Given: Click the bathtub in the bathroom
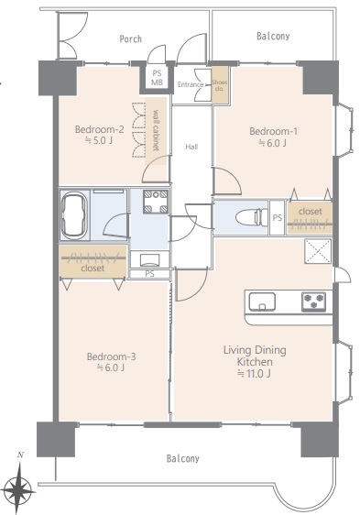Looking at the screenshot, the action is coord(74,214).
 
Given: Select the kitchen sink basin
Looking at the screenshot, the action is coord(262,301).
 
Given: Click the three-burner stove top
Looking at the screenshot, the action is coord(313,301).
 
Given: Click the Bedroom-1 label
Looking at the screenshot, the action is coord(273,131).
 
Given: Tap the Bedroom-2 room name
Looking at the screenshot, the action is coord(99,129).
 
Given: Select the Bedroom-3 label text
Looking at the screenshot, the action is coord(111,356).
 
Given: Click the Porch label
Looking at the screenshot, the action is coord(131,39).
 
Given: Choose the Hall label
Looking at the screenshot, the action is coord(191,147).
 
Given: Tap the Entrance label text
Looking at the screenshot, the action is coord(191,84).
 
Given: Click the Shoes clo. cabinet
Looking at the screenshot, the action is coord(220,84).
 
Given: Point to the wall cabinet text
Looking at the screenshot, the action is coord(156,130).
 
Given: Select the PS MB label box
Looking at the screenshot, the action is coord(157,78).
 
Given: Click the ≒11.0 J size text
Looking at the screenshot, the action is coord(255,374).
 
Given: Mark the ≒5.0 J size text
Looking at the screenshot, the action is coord(99,140).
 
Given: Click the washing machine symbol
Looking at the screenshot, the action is coord(156,202).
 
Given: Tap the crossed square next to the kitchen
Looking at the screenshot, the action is coord(318,251).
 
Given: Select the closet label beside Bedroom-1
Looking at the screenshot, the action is coord(310,212).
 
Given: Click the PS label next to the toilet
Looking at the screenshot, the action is coord(278,217).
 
